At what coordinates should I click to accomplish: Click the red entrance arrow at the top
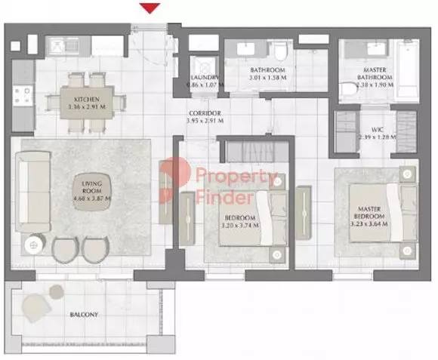(x=152, y=8)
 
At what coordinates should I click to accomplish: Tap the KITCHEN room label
(x=87, y=99)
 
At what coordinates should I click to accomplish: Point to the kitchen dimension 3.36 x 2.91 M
(x=87, y=107)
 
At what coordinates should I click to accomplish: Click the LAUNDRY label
(x=205, y=78)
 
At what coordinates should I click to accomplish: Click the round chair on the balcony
(x=36, y=306)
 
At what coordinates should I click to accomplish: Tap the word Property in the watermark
(x=236, y=178)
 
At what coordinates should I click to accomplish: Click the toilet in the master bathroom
(x=349, y=91)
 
